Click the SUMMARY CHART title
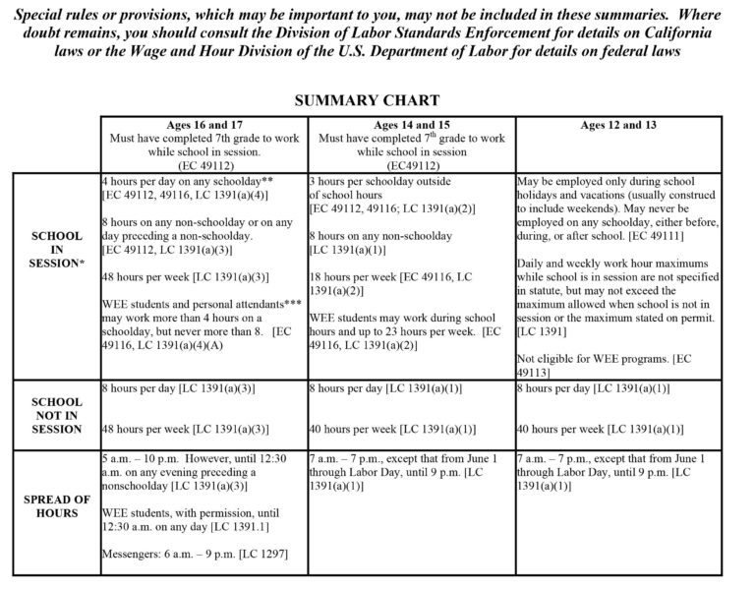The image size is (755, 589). [367, 100]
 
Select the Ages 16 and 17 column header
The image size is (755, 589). [203, 125]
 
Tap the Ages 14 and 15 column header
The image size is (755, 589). [411, 125]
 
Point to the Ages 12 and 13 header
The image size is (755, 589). [618, 125]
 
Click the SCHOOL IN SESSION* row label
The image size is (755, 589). [57, 250]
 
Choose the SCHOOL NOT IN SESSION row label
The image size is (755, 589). [57, 415]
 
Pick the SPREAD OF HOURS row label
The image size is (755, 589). [57, 506]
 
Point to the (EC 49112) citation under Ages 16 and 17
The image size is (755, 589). [203, 166]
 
